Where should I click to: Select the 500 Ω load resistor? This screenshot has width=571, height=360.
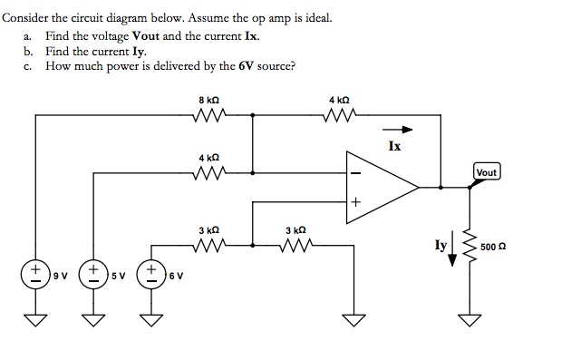469,246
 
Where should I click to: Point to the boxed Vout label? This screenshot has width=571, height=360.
487,172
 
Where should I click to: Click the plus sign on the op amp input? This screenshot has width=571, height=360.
355,204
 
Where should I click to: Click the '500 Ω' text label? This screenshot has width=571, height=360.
494,247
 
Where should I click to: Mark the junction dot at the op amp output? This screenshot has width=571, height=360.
441,188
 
